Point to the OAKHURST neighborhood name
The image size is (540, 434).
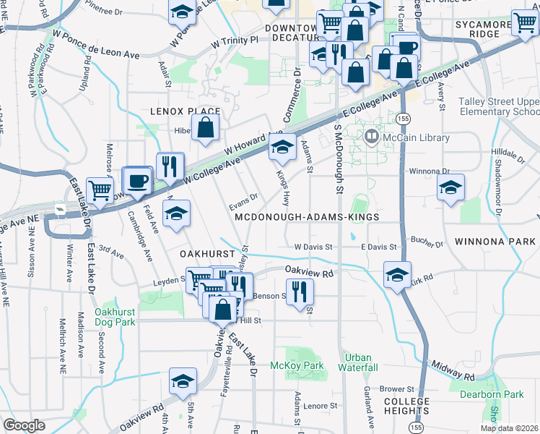pyautogui.click(x=207, y=255)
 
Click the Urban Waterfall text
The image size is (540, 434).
pyautogui.click(x=358, y=362)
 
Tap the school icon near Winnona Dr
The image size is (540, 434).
pyautogui.click(x=450, y=189)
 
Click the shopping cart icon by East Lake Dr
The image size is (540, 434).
pyautogui.click(x=100, y=191)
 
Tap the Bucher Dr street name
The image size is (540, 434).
pyautogui.click(x=428, y=243)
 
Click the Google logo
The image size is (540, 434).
pyautogui.click(x=24, y=425)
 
